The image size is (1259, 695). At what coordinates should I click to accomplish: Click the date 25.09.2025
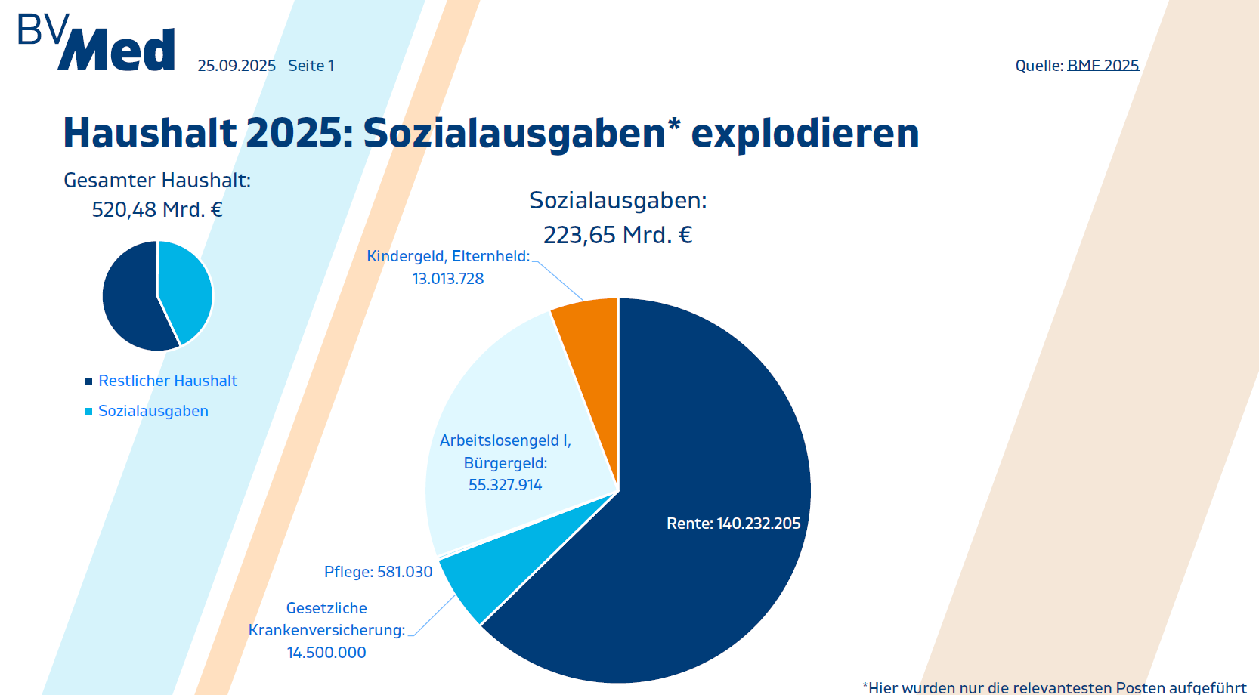pos(237,66)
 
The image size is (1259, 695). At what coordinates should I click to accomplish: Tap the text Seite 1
pos(311,66)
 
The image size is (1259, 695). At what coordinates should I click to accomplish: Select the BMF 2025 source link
pos(1103,66)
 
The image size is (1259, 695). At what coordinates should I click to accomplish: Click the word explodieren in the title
pos(805,134)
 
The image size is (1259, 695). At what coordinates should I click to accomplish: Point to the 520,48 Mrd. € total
pos(157,210)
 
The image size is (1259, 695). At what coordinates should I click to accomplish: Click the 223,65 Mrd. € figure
pos(617,236)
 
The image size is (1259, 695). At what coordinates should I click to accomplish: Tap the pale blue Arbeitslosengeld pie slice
pos(499,393)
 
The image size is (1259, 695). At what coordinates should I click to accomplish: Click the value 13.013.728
pos(448,279)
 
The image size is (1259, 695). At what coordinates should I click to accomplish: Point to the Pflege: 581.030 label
pos(378,572)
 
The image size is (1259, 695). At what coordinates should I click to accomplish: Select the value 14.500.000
pos(326,653)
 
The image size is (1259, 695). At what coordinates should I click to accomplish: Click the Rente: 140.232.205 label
pos(733,524)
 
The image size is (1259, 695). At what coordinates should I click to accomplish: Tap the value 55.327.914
pos(505,485)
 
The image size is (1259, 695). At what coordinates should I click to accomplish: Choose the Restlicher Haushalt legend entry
pos(168,381)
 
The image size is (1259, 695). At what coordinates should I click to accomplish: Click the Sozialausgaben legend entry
pos(153,411)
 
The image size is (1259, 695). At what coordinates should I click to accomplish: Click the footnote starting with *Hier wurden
pos(1054,687)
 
